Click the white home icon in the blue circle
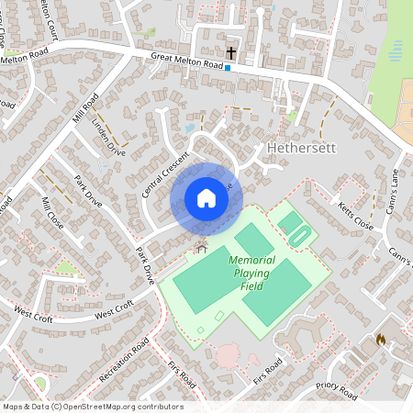(206, 198)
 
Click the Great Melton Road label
(188, 61)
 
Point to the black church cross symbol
(230, 53)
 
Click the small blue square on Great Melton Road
(228, 67)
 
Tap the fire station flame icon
(380, 340)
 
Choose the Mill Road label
(84, 111)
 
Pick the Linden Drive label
(110, 137)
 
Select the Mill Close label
(52, 213)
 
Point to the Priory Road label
(336, 390)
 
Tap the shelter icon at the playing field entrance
(201, 247)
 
